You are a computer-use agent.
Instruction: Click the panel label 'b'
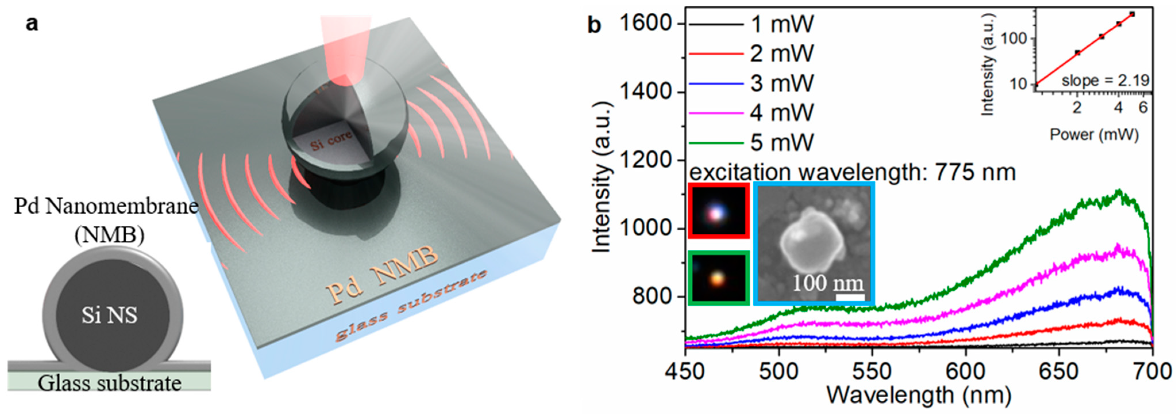coord(594,25)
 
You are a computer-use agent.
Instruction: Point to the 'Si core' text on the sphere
coord(331,140)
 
